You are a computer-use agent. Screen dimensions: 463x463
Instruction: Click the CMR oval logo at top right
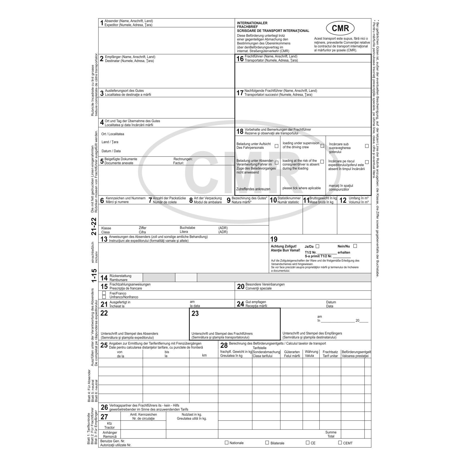click(x=340, y=28)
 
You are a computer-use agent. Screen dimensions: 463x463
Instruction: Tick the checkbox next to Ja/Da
click(x=317, y=246)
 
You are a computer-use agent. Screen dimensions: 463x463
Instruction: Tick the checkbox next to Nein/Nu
click(x=355, y=246)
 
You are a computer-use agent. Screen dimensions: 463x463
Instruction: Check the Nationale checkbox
click(x=227, y=443)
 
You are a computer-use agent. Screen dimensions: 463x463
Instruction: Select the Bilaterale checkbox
click(x=267, y=443)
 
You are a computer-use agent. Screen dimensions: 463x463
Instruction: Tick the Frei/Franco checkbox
click(x=104, y=293)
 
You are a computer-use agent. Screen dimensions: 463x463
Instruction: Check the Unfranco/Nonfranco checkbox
click(x=104, y=297)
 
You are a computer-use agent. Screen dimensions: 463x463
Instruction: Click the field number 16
click(x=240, y=59)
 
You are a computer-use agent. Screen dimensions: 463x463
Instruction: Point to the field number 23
click(x=195, y=314)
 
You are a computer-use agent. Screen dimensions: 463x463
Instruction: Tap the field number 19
click(x=274, y=239)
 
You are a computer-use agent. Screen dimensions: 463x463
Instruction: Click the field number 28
click(x=224, y=345)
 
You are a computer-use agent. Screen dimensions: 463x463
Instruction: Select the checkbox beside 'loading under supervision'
click(x=322, y=146)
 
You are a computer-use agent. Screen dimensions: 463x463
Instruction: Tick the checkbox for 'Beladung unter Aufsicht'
click(x=276, y=146)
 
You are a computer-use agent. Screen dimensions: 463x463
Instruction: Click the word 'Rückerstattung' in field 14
click(x=120, y=276)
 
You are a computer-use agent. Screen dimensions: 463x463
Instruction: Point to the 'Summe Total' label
click(x=331, y=434)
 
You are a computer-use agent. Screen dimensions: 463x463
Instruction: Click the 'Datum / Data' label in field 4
click(x=111, y=151)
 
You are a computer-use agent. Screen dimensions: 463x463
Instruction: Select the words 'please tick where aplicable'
click(x=301, y=188)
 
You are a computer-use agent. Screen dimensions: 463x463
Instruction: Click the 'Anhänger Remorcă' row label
click(x=110, y=435)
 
